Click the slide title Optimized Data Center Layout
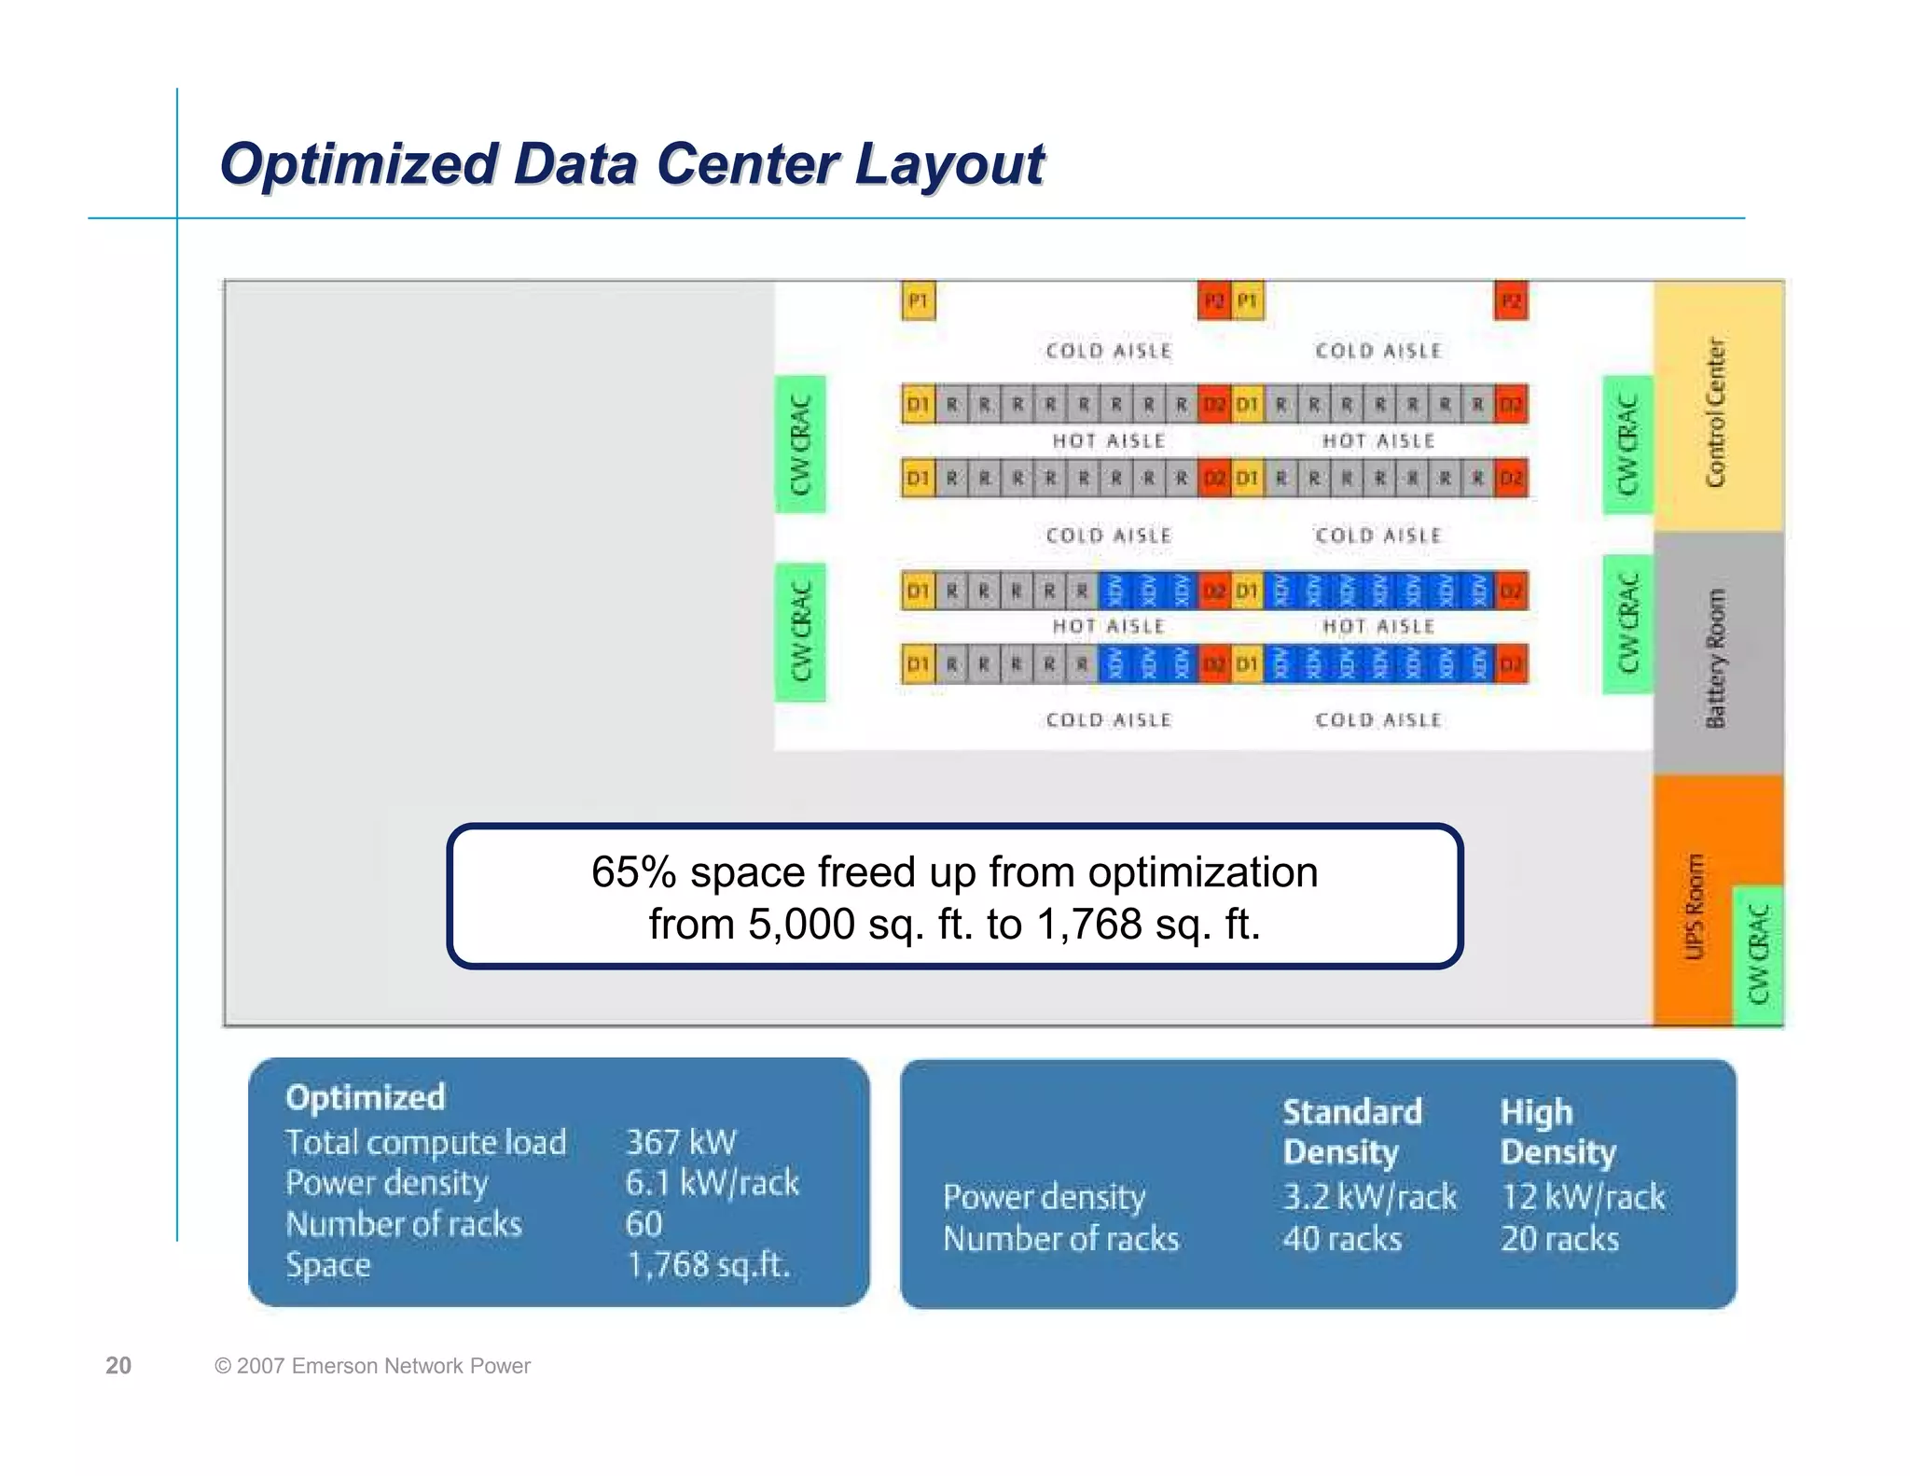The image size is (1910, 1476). [631, 164]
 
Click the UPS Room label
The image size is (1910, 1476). [1694, 906]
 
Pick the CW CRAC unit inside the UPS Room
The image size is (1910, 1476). [1758, 955]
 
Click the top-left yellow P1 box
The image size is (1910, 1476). [918, 301]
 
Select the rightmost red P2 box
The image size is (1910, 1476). [1511, 301]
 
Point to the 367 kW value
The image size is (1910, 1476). [681, 1142]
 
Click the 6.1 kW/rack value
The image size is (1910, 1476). [712, 1183]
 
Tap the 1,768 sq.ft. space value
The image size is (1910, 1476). [708, 1265]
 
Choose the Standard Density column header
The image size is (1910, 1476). [1351, 1132]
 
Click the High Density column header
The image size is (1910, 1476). [1557, 1132]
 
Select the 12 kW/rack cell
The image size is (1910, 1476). [1583, 1197]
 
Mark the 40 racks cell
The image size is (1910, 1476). [1341, 1239]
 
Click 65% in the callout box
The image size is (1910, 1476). [633, 872]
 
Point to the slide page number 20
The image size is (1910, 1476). [118, 1366]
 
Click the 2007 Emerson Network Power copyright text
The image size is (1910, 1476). [373, 1366]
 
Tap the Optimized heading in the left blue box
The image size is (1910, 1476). [365, 1097]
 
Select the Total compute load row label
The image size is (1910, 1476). [425, 1142]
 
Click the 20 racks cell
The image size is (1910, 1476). [1559, 1239]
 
